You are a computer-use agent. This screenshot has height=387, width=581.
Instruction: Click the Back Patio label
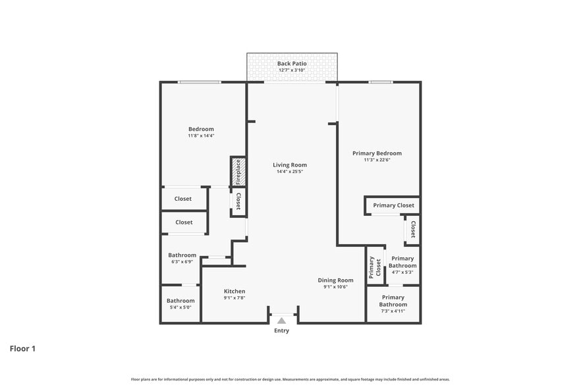click(292, 64)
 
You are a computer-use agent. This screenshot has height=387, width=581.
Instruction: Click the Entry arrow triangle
click(281, 321)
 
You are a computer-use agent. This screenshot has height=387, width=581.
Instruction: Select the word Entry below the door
click(281, 331)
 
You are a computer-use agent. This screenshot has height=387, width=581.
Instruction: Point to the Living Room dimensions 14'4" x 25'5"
click(290, 172)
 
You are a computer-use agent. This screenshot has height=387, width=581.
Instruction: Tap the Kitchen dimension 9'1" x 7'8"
click(235, 298)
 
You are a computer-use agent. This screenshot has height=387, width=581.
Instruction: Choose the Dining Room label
click(335, 280)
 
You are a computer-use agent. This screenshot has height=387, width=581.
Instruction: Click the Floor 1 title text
click(22, 348)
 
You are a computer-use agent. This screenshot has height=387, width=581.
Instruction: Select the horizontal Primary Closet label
click(393, 205)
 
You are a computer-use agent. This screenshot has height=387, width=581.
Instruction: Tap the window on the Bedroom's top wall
click(200, 82)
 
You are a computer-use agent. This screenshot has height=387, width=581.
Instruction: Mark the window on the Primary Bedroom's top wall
click(380, 82)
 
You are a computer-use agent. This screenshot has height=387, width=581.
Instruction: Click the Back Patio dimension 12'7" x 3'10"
click(292, 70)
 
